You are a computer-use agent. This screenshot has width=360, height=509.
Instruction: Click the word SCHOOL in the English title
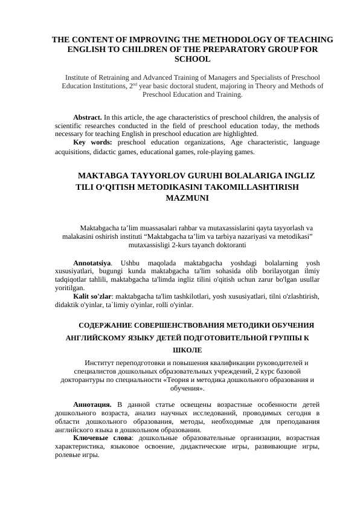192,59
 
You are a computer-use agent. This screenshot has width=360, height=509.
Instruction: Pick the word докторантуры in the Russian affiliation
85,380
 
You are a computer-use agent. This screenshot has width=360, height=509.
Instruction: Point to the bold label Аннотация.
91,403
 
